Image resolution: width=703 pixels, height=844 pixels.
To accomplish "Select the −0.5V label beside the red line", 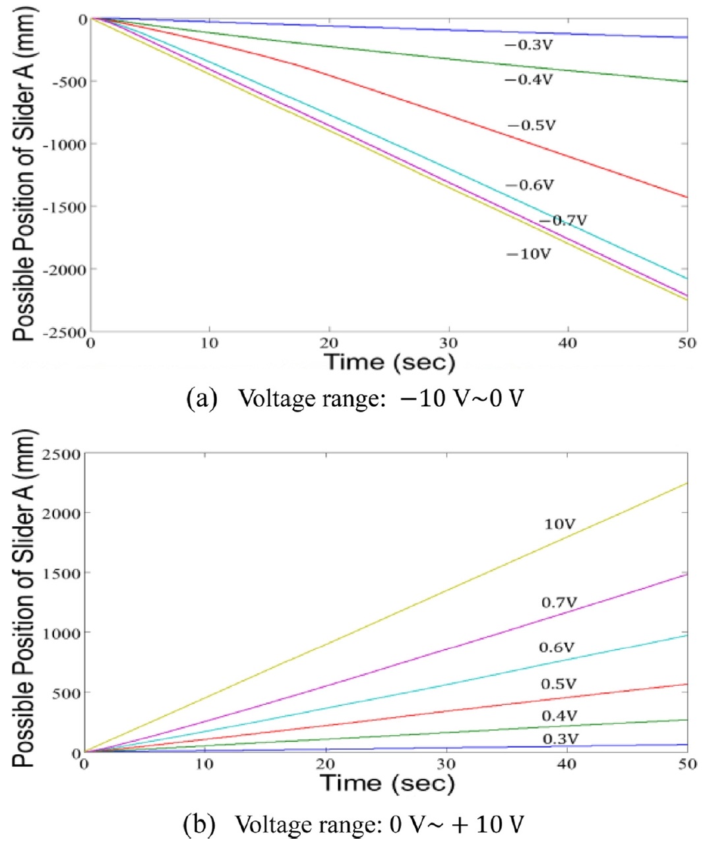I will (531, 125).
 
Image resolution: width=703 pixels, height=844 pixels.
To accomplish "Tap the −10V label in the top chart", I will (528, 254).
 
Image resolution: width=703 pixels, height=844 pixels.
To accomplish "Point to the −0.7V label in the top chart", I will (563, 220).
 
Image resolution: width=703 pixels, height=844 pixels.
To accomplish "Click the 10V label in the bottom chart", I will (559, 524).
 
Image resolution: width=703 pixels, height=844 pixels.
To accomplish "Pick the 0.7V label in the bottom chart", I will (559, 602).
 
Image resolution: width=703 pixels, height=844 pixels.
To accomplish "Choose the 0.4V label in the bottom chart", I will (559, 715).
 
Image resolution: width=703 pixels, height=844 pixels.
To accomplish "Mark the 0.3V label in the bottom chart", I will (559, 739).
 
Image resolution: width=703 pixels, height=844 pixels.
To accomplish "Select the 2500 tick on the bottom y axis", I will (61, 454).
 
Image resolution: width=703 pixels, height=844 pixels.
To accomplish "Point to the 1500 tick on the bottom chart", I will (61, 573).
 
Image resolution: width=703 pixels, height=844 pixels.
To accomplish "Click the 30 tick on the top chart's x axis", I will (448, 343).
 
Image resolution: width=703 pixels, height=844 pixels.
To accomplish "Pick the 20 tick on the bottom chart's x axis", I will (326, 764).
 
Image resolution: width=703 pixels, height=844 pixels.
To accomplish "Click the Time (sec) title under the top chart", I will (389, 361).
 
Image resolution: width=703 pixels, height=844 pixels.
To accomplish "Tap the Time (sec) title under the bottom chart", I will (388, 783).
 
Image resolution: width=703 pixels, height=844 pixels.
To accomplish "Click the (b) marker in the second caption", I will (200, 824).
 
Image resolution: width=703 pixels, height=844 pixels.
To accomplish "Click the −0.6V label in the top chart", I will (529, 185).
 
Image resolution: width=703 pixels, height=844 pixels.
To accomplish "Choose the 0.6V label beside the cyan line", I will (557, 648).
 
